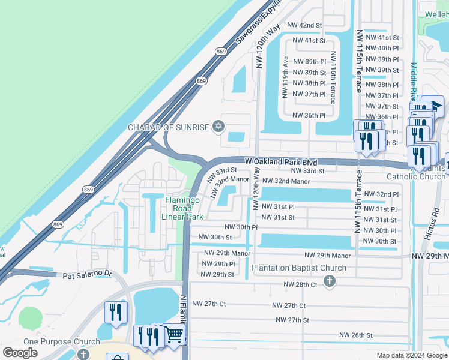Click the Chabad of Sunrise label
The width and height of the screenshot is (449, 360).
167,127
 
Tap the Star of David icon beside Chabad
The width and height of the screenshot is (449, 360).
218,127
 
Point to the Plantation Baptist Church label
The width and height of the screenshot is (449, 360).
298,268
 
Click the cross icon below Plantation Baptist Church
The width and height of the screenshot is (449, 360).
328,281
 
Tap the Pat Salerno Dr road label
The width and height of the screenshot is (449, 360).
88,275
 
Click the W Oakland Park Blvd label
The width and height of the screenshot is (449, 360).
281,162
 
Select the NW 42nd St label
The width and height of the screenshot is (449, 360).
304,25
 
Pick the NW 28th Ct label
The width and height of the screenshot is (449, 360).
301,284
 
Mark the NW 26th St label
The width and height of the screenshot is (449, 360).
355,335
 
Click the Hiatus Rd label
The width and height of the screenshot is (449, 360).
436,224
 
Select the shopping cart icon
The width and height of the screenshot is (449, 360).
173,334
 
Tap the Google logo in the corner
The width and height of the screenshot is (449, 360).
20,353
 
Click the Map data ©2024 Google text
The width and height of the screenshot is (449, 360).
411,355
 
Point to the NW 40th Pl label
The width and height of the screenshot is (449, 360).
381,49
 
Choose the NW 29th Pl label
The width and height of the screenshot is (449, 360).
218,264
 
